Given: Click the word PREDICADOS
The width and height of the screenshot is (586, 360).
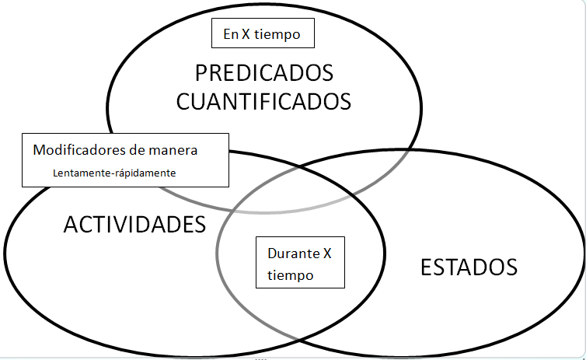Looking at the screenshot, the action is [264, 74].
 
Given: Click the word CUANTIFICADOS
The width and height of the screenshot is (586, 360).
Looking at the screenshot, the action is [264, 101].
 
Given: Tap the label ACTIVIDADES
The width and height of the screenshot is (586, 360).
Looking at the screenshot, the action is [134, 225].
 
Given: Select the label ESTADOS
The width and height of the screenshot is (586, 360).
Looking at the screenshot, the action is [469, 267].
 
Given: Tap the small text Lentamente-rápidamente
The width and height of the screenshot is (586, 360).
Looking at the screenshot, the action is [114, 173].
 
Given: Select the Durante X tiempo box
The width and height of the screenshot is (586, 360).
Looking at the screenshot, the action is [300, 264].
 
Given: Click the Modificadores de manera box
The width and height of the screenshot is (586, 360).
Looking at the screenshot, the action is [125, 159].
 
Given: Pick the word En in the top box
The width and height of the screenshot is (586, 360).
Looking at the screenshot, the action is [230, 34].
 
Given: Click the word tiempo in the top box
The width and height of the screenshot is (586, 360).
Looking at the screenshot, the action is [287, 34].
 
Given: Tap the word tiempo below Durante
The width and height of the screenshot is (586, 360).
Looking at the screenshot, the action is [290, 275].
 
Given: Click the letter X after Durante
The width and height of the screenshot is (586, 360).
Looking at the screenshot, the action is [328, 253].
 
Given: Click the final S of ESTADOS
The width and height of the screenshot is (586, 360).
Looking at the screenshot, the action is [511, 267].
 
